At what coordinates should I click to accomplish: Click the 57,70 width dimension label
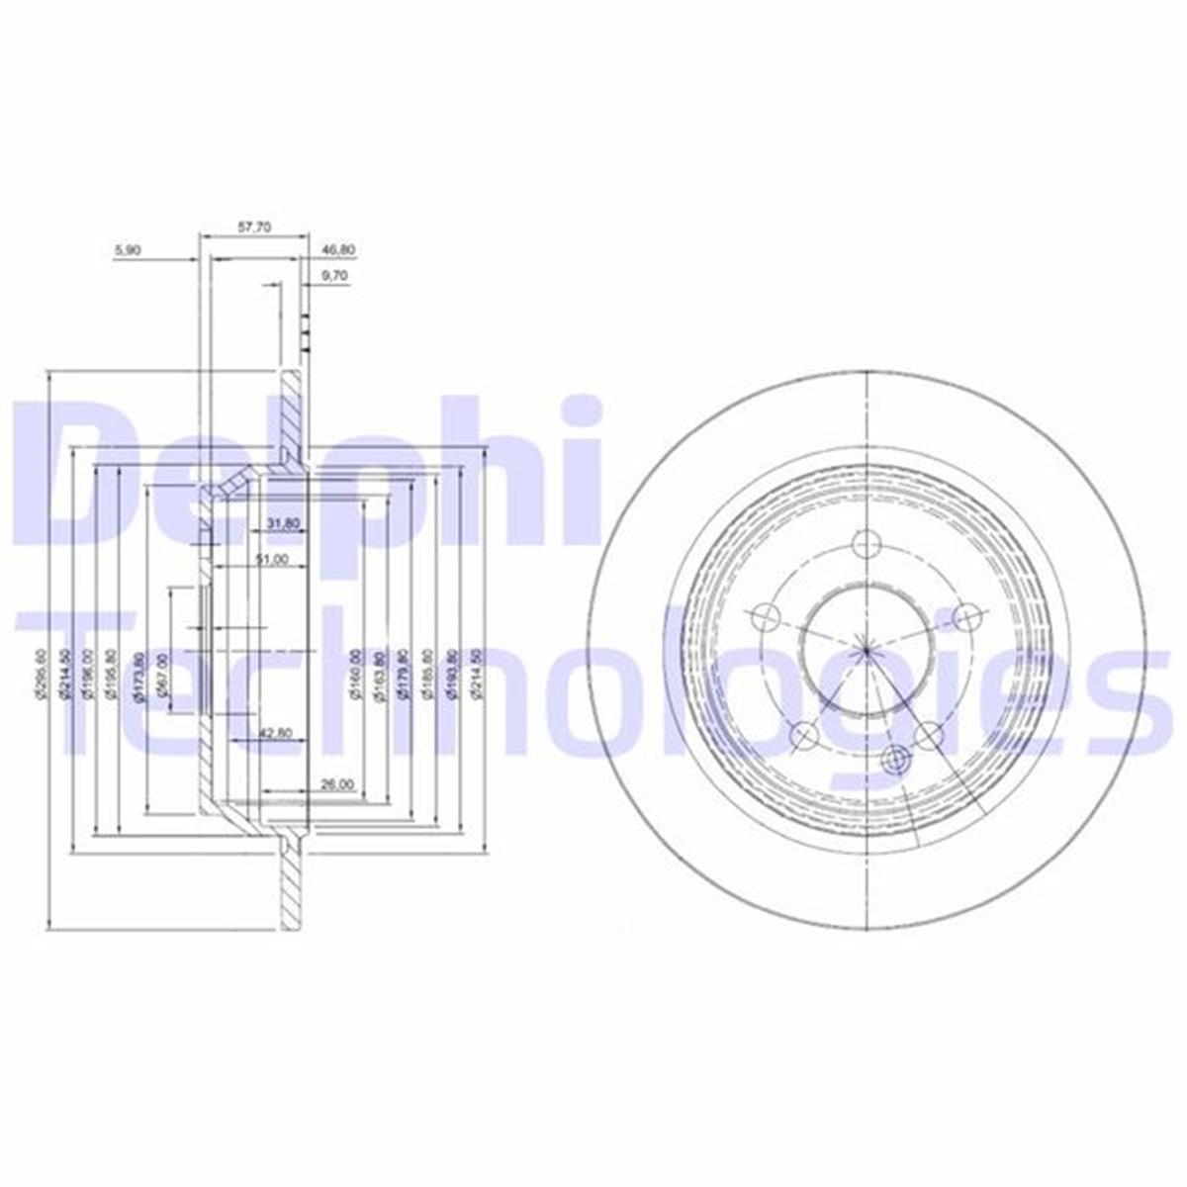point(254,227)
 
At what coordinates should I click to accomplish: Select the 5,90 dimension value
point(129,251)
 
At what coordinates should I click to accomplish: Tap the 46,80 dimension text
point(331,251)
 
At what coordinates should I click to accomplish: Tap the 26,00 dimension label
point(337,784)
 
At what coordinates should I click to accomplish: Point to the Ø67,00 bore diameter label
point(160,674)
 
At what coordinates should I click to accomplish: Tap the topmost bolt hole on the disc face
point(867,543)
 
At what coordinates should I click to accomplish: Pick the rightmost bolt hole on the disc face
point(965,617)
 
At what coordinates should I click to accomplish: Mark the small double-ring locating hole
point(897,760)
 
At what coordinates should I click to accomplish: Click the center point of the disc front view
point(867,650)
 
